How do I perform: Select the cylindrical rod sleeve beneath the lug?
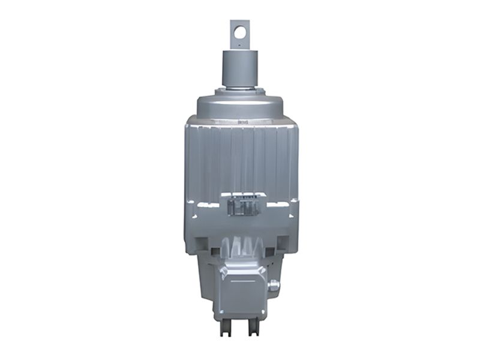point(240,67)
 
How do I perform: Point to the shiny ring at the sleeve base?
point(240,88)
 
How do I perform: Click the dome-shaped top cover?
point(240,105)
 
